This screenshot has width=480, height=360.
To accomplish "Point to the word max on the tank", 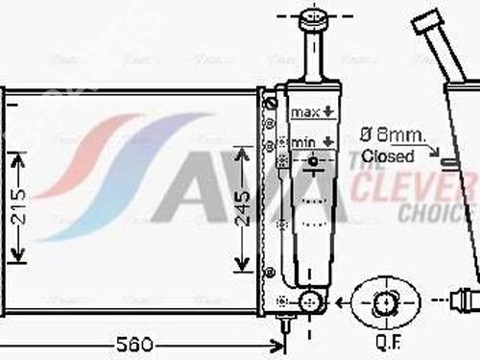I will coord(305,113).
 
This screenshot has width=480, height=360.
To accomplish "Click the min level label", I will coord(304,142).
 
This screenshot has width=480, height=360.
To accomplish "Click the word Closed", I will coord(389,155).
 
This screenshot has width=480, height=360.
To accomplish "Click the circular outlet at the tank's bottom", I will coord(309,302).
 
